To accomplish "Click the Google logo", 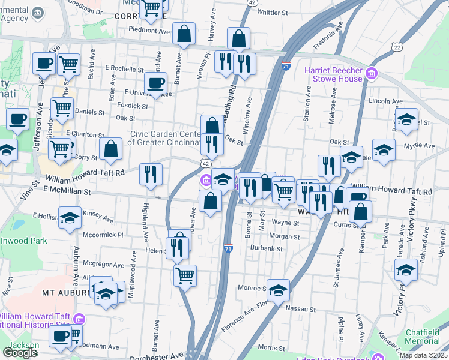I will pyautogui.click(x=20, y=353).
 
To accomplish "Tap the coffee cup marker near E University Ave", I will pyautogui.click(x=156, y=83).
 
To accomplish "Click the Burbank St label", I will pyautogui.click(x=267, y=247).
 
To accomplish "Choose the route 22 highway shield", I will pyautogui.click(x=396, y=46).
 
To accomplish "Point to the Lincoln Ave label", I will pyautogui.click(x=384, y=100).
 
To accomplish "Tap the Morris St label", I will pyautogui.click(x=271, y=348).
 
